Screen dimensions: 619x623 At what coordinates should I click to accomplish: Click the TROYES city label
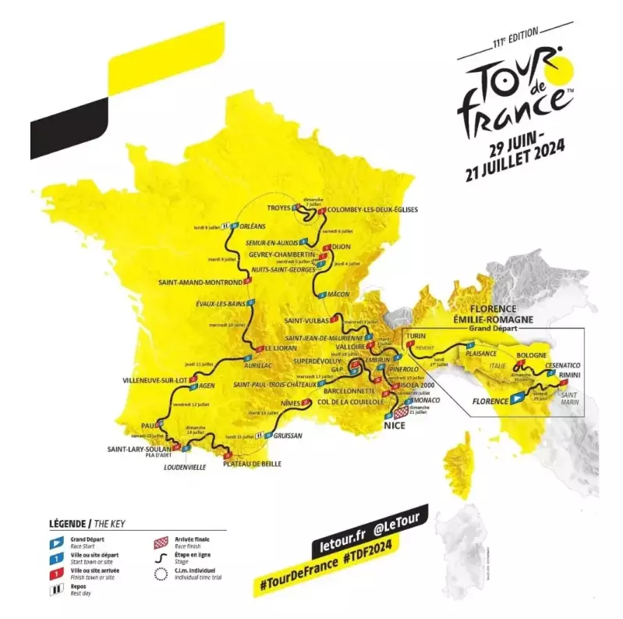[x=278, y=208]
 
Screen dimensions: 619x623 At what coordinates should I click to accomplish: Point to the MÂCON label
[x=339, y=294]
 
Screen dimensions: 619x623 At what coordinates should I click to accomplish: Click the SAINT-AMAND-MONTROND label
[x=200, y=282]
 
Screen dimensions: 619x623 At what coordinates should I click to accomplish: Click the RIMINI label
[x=572, y=376]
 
